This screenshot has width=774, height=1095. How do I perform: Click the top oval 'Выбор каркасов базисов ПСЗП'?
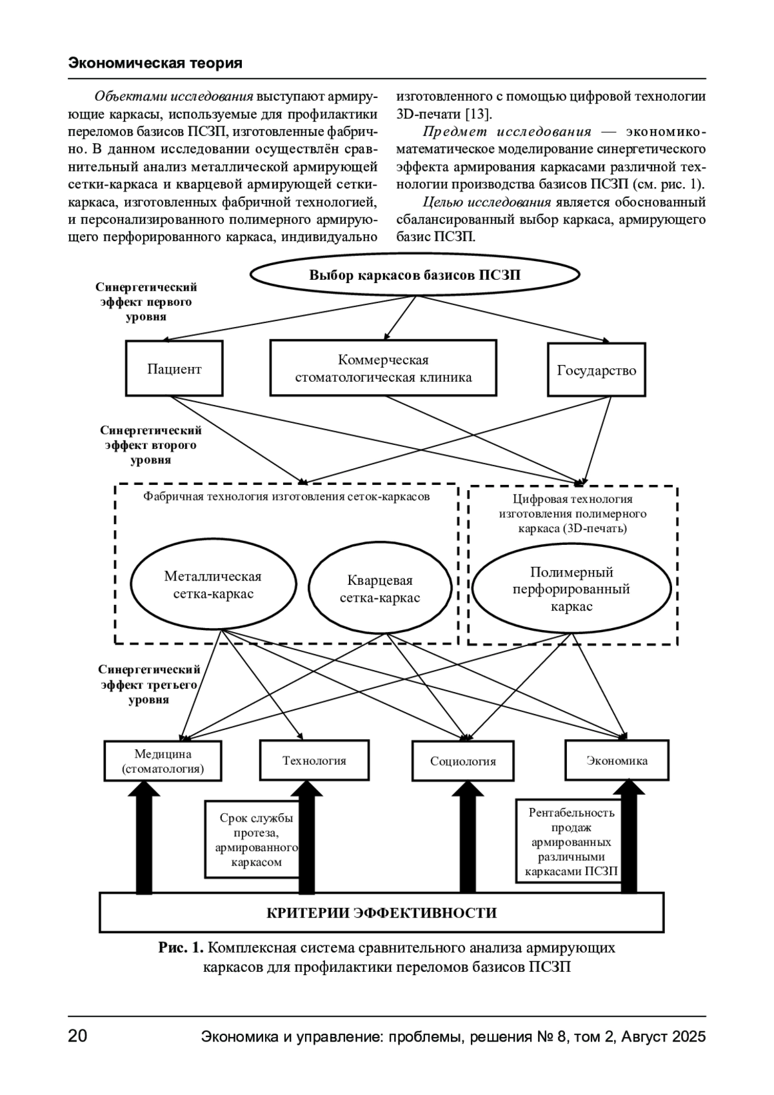414,275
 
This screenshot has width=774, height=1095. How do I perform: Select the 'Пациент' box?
174,369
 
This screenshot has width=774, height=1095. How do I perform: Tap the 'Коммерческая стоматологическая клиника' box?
383,368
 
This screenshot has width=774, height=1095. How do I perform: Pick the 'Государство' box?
596,370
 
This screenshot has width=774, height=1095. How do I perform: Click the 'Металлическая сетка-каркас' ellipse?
213,585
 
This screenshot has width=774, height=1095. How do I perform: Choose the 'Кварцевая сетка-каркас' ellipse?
379,589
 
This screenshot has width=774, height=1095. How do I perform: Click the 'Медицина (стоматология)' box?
163,762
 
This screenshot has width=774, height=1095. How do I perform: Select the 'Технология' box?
314,760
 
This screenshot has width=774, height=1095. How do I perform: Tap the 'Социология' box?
463,762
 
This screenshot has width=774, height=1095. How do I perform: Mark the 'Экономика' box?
617,760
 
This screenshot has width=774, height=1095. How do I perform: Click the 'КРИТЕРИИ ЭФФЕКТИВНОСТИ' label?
381,913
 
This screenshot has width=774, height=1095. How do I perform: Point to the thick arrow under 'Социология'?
471,838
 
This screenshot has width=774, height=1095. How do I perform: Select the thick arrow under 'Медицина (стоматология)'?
144,838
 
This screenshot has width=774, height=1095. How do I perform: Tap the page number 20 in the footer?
77,1037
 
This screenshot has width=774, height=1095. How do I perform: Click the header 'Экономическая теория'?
155,63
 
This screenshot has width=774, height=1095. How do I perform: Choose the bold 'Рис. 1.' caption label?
181,948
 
